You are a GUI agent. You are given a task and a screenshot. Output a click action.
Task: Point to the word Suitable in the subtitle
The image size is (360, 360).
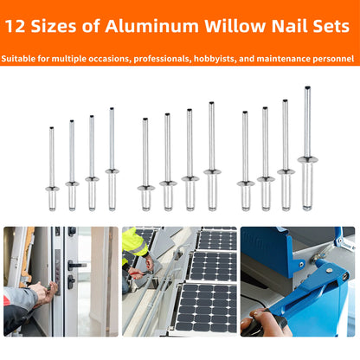click(x=22, y=60)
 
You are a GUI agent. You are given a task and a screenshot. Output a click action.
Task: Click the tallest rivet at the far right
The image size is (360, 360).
click(x=306, y=147)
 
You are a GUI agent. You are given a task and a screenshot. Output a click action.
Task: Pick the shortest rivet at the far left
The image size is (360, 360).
click(x=51, y=169)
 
